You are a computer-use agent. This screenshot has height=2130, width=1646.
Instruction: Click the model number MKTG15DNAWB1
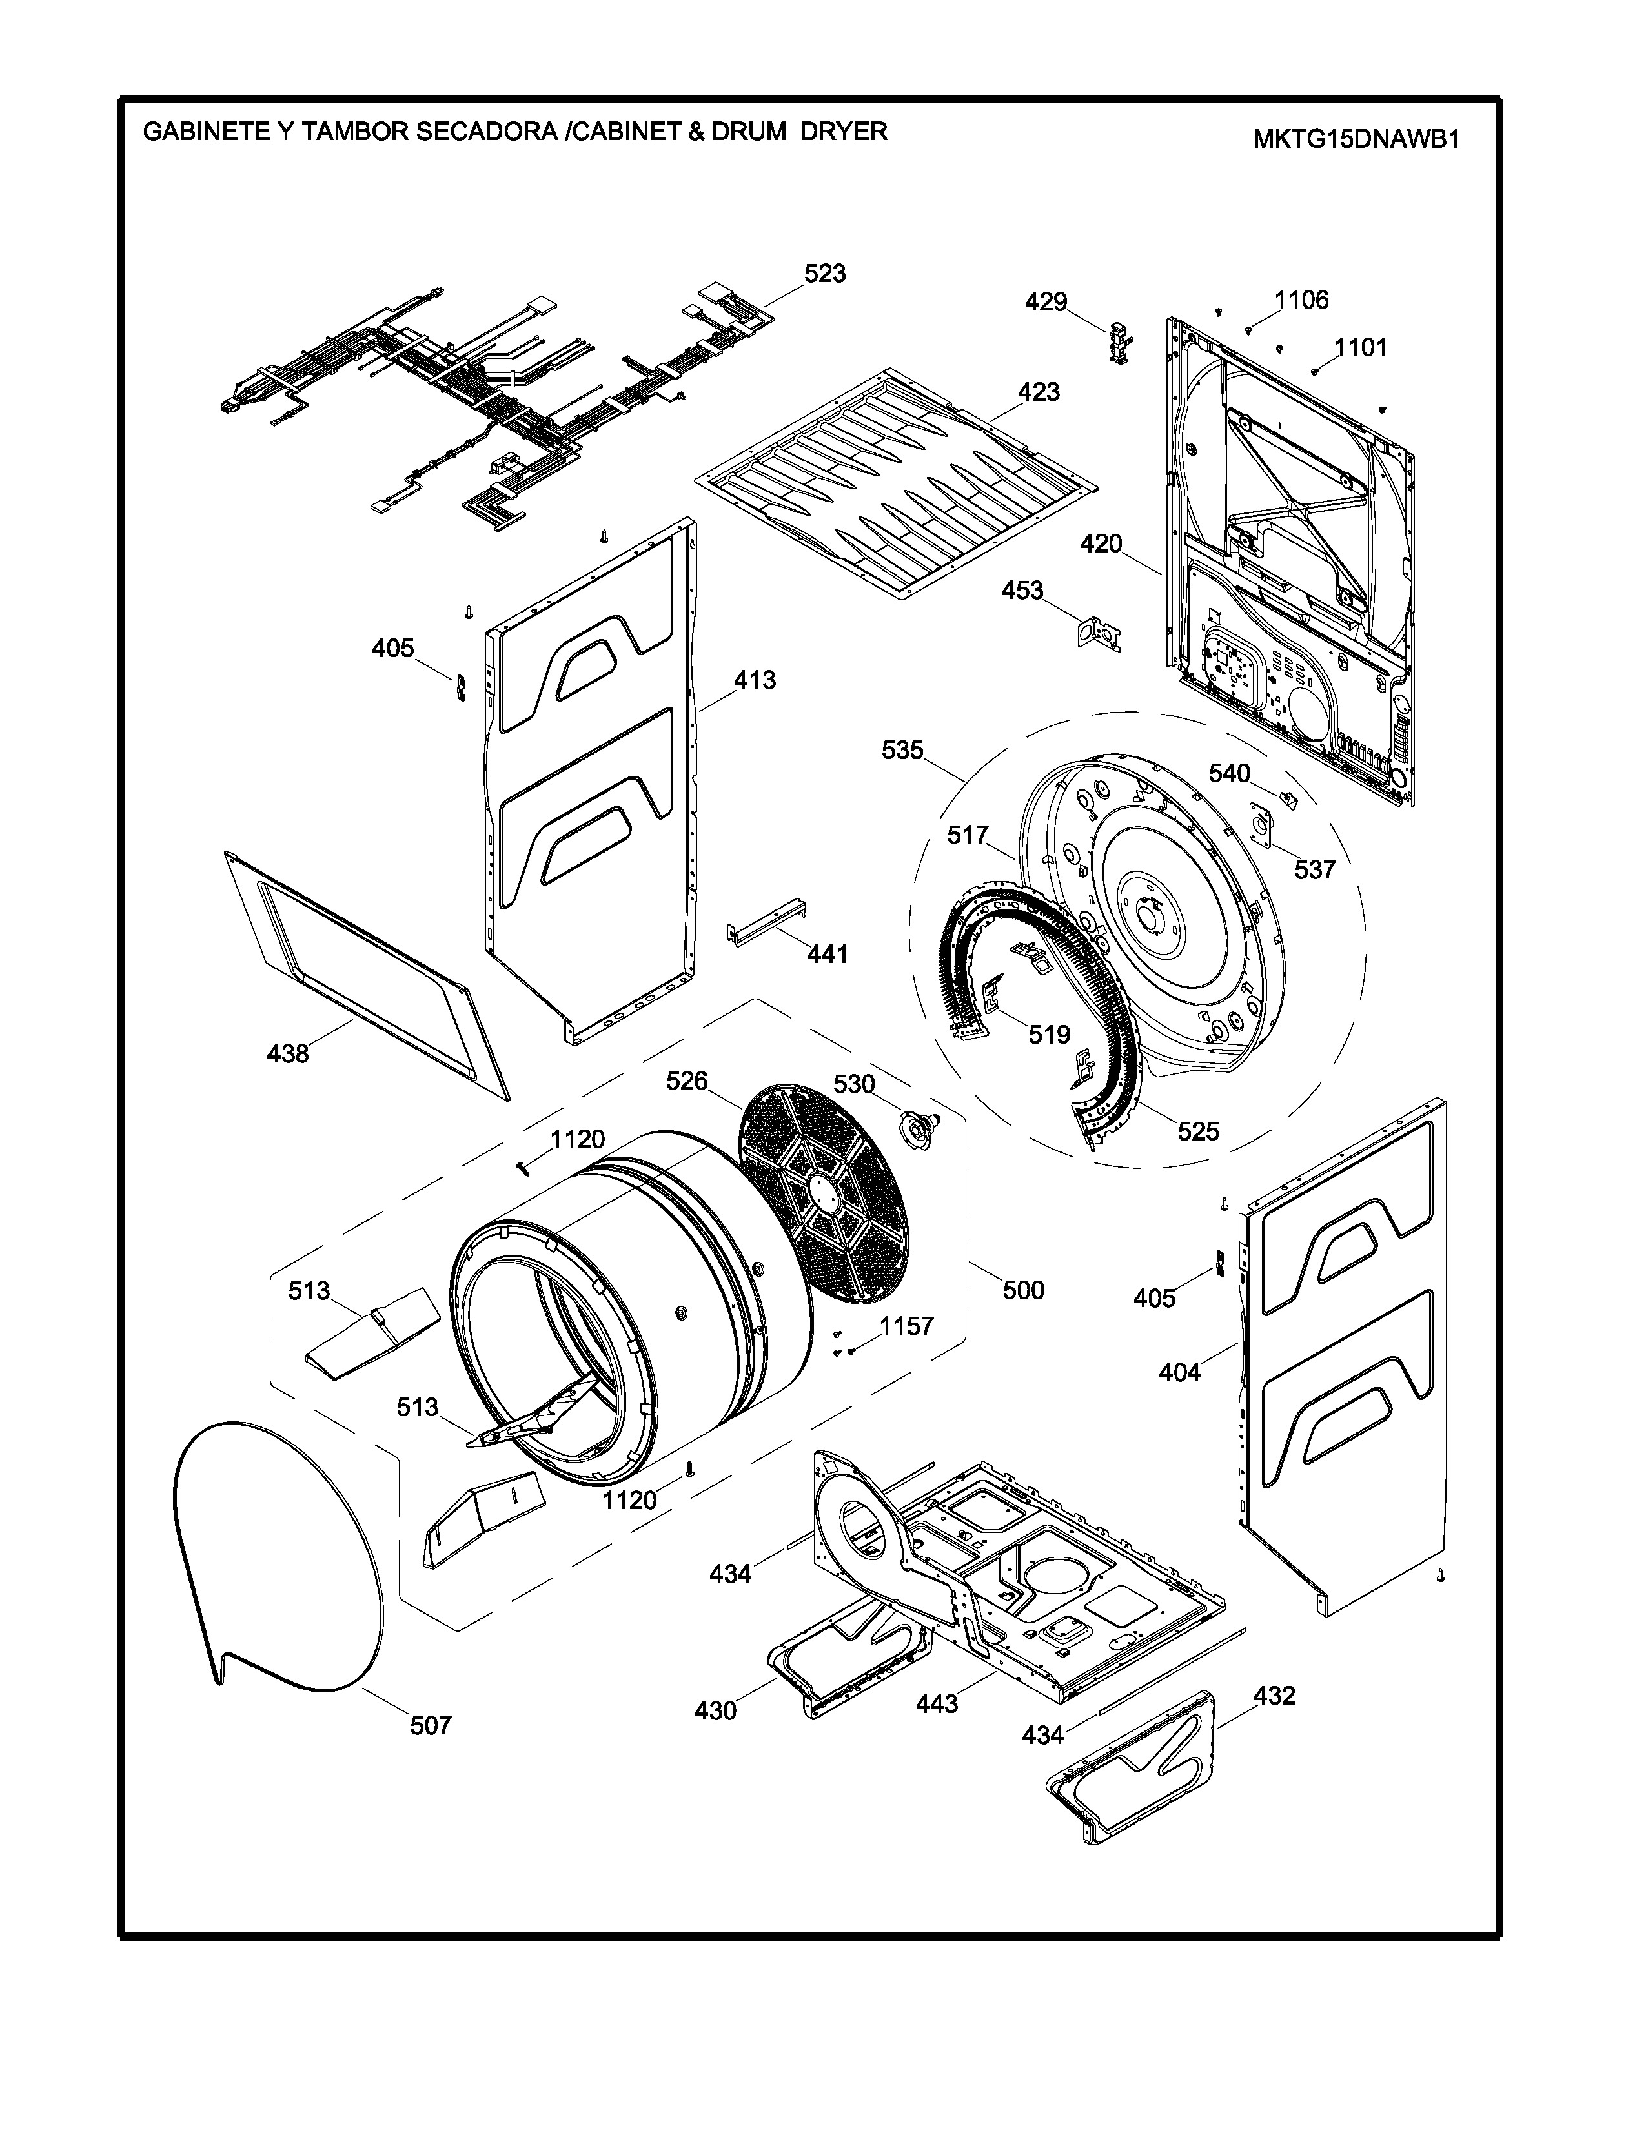coord(1356,139)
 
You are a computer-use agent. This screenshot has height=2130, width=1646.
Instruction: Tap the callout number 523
coord(824,274)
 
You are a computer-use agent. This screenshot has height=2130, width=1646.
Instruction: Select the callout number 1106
coord(1302,300)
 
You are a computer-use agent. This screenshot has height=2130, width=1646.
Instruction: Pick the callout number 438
coord(288,1053)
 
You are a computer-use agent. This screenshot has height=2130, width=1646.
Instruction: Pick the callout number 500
coord(1023,1290)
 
